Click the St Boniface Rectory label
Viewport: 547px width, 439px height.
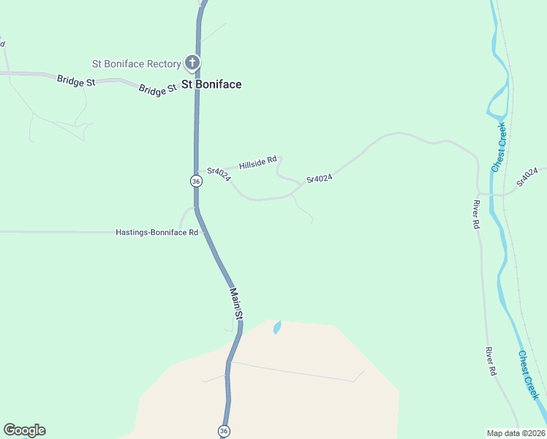click(136, 64)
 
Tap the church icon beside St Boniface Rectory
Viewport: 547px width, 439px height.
click(192, 64)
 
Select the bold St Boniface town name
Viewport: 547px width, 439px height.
click(211, 84)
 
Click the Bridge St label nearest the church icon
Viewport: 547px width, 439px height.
click(158, 89)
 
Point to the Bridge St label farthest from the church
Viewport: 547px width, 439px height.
click(76, 80)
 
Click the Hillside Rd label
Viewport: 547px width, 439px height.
click(258, 162)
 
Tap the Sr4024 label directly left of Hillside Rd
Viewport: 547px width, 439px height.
click(219, 172)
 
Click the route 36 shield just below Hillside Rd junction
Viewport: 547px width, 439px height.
click(196, 181)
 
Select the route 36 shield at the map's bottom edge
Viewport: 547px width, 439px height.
click(224, 431)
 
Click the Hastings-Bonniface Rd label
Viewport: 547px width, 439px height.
click(157, 233)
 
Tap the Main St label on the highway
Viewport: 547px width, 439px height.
click(236, 303)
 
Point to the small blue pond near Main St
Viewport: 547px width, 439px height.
click(277, 327)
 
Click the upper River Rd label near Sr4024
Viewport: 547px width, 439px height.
click(476, 214)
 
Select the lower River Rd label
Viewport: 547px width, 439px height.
click(491, 361)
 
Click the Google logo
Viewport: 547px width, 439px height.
click(24, 430)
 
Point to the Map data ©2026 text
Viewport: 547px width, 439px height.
click(516, 432)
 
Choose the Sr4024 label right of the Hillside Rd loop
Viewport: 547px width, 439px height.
click(320, 178)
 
